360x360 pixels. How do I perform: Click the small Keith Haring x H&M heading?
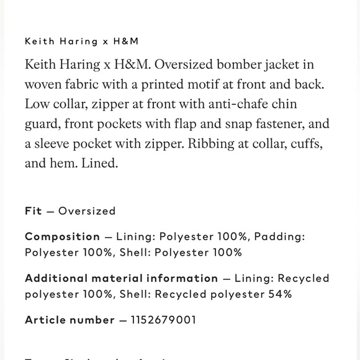click(81, 42)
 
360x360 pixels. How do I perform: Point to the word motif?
click(197, 84)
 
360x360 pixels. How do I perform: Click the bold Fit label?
click(34, 211)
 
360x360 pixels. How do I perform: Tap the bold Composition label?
click(62, 236)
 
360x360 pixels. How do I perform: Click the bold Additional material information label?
click(121, 278)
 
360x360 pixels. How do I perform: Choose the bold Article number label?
click(70, 320)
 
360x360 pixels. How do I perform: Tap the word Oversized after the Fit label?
click(87, 211)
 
